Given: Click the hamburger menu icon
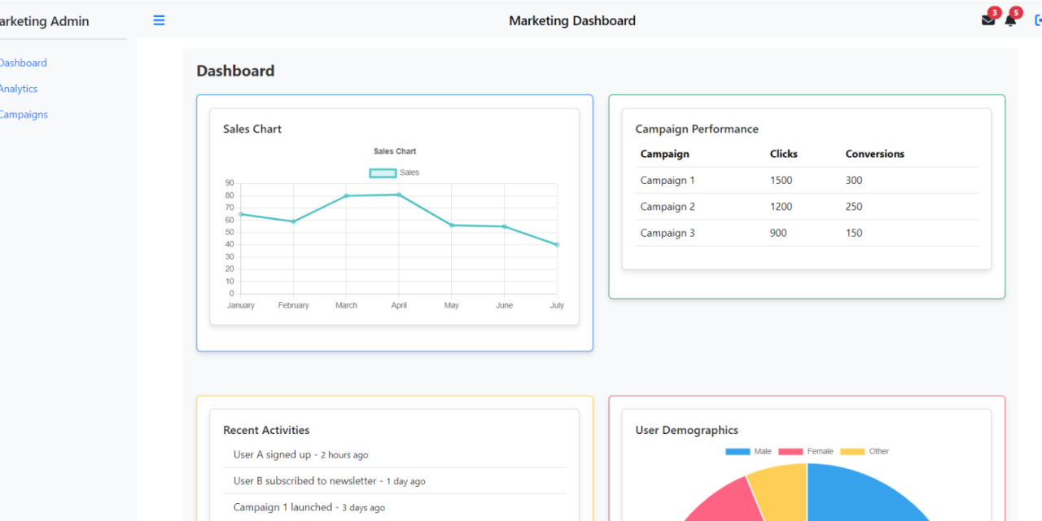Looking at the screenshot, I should click(x=159, y=20).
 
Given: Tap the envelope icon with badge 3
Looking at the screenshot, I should click(x=988, y=20).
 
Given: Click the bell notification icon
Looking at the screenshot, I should click(x=1010, y=20).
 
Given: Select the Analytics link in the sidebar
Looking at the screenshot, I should click(x=18, y=89).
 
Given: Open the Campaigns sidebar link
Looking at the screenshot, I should click(x=23, y=115).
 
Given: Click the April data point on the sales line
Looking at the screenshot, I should click(x=399, y=195).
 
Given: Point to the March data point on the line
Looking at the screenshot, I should click(x=346, y=195).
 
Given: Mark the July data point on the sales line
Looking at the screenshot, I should click(x=557, y=244).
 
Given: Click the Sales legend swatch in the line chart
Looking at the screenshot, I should click(x=383, y=173).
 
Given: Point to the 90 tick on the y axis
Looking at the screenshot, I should click(x=230, y=183).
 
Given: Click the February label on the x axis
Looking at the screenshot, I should click(x=293, y=305).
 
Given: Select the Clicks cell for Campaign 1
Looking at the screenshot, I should click(x=781, y=181).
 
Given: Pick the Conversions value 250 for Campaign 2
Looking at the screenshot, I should click(x=854, y=207).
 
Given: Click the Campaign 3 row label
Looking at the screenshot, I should click(x=668, y=233).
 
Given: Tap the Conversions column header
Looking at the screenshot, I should click(x=874, y=154).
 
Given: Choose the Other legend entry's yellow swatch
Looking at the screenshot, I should click(x=852, y=451).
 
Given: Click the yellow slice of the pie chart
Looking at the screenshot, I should click(x=779, y=488).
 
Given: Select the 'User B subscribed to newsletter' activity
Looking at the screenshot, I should click(x=305, y=481).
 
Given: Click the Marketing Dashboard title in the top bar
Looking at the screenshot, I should click(x=572, y=20).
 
